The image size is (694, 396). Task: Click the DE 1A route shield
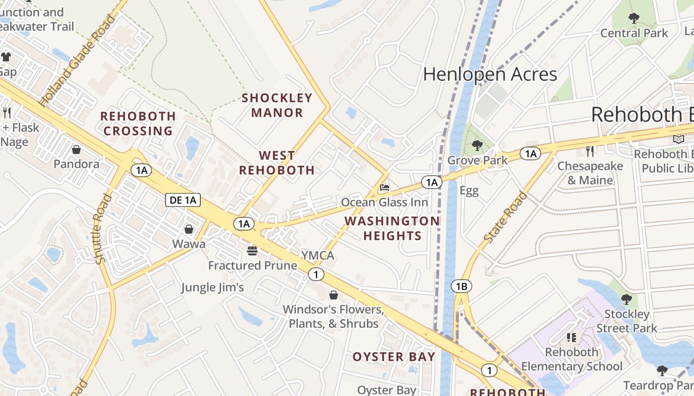pos(183,200)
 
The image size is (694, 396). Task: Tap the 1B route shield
pos(462,286)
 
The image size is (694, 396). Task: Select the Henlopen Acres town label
pos(490,74)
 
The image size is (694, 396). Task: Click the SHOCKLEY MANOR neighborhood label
pos(277,105)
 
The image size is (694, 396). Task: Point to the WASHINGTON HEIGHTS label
pos(392,228)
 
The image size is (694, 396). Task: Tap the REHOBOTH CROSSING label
pos(138,123)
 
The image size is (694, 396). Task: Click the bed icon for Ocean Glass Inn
pos(385,188)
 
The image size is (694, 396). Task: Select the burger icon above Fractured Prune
pos(252,251)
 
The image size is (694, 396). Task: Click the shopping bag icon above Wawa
pos(189,229)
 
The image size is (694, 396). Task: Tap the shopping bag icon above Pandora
pos(76,149)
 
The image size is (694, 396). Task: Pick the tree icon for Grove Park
pos(477,146)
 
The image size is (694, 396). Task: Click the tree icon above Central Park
pos(634,19)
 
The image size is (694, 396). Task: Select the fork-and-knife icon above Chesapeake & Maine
pos(589,151)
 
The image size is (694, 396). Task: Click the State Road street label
pos(506,217)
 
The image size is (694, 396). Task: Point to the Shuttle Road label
pos(101,229)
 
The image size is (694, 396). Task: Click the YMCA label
pos(318,255)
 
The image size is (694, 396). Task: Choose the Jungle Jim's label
pos(212,288)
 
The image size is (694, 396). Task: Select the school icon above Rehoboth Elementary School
pos(571,338)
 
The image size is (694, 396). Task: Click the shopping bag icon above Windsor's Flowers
pos(334,296)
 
